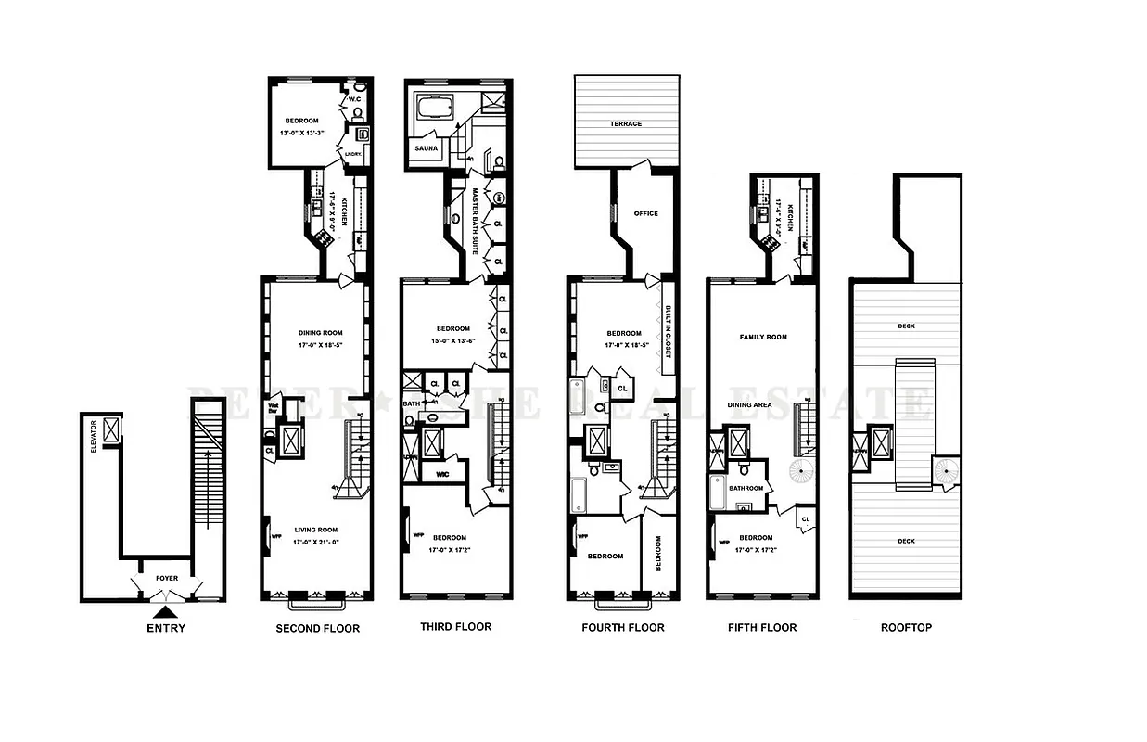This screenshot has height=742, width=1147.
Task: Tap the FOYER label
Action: pyautogui.click(x=167, y=578)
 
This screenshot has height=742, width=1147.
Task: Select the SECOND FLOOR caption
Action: pyautogui.click(x=317, y=628)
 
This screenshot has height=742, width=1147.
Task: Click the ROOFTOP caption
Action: pyautogui.click(x=905, y=627)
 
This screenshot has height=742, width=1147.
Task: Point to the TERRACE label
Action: pyautogui.click(x=626, y=123)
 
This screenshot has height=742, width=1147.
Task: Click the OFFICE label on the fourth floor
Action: pyautogui.click(x=645, y=213)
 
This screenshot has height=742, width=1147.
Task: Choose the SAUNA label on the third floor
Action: pyautogui.click(x=427, y=147)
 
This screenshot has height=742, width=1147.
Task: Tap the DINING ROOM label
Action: pyautogui.click(x=321, y=333)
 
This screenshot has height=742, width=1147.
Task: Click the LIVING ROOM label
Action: pyautogui.click(x=318, y=531)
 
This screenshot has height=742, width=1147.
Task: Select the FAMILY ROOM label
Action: pyautogui.click(x=763, y=337)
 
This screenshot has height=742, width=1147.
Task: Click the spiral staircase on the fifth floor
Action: pyautogui.click(x=800, y=471)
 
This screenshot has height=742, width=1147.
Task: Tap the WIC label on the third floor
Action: pyautogui.click(x=442, y=474)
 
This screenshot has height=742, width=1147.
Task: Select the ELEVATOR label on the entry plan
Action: pyautogui.click(x=93, y=441)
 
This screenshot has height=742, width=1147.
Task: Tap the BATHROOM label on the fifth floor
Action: pyautogui.click(x=746, y=488)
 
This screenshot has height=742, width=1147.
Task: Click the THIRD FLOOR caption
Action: pyautogui.click(x=455, y=626)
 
